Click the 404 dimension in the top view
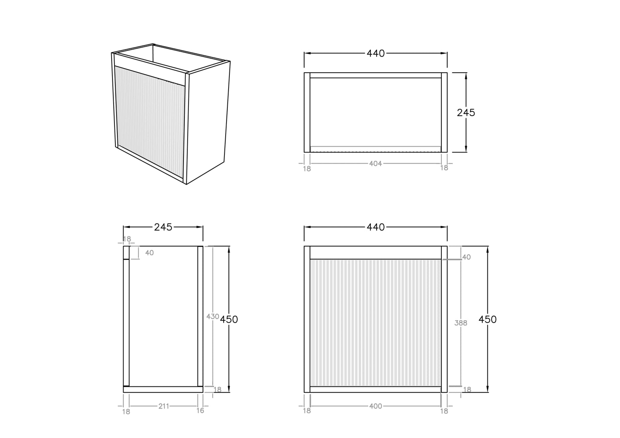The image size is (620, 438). (x=375, y=164)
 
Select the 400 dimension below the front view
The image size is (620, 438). (x=375, y=406)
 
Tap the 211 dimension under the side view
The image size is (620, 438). (x=164, y=406)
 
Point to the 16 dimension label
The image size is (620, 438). (x=200, y=411)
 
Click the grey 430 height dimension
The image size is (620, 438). (x=212, y=317)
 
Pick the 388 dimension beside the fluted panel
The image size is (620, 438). (x=460, y=323)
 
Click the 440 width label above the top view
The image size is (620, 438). (x=376, y=53)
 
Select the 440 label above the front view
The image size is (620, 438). (x=376, y=227)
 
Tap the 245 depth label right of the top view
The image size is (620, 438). (x=466, y=113)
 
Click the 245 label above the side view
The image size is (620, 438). (x=163, y=227)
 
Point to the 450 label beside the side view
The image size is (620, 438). (x=229, y=319)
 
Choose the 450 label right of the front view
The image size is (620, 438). (x=487, y=319)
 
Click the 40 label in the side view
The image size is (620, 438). (x=150, y=252)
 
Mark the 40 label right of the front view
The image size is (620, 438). (x=466, y=257)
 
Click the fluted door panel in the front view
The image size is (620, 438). (x=376, y=323)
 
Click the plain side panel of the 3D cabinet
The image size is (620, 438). (x=208, y=122)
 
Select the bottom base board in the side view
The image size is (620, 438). (x=163, y=389)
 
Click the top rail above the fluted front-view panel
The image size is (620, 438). (x=376, y=252)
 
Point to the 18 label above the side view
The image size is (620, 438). (x=127, y=239)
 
